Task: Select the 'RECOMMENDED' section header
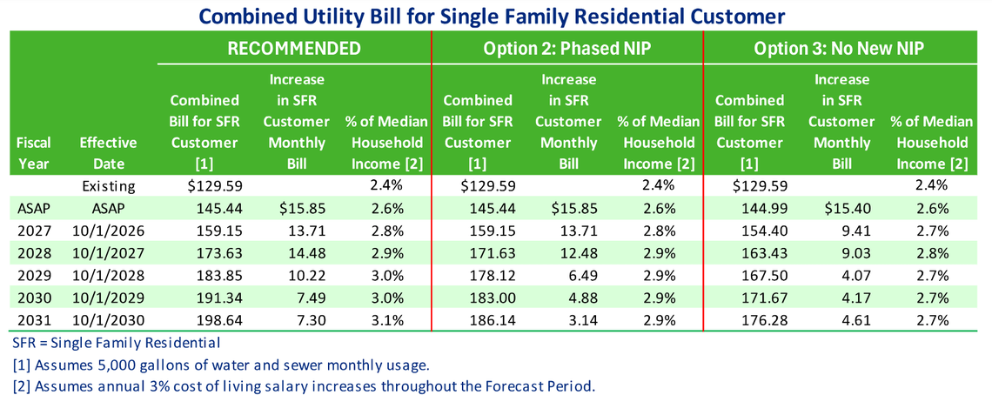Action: [x=294, y=49]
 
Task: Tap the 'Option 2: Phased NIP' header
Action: [x=566, y=49]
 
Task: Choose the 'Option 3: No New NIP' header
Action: [x=839, y=49]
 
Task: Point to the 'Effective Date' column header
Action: [x=109, y=152]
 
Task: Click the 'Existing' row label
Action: [x=109, y=184]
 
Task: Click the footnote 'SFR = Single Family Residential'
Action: [x=117, y=342]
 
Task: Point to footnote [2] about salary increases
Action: [x=304, y=384]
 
